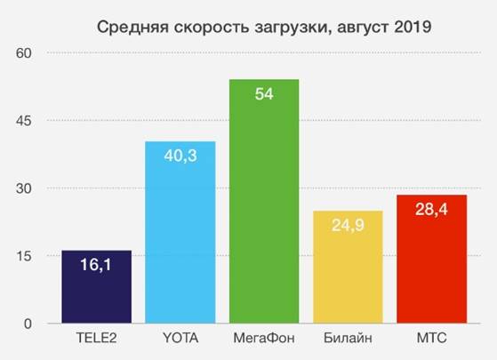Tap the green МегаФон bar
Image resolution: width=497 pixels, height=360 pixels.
[264, 213]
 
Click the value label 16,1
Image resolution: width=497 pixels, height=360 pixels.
[96, 265]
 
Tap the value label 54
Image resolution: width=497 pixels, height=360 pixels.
[264, 95]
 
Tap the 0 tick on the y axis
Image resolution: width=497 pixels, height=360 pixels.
[28, 324]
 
